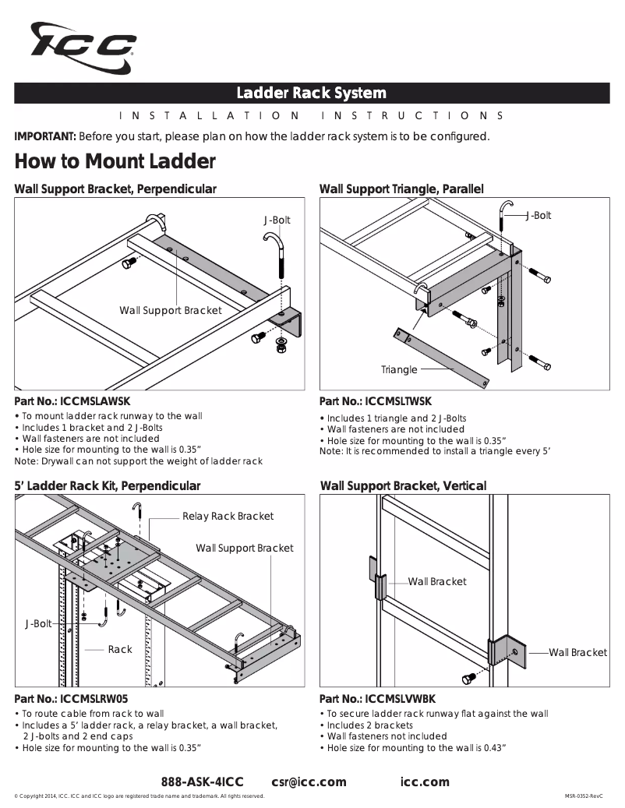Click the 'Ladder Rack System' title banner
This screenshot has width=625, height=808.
point(312,94)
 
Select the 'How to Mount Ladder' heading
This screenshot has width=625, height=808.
point(115,162)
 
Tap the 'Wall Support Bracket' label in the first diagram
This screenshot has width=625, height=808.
point(170,310)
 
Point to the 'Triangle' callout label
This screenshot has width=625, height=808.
point(399,369)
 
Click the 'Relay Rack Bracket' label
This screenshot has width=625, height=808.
point(228,516)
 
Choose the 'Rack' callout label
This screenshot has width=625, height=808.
point(120,649)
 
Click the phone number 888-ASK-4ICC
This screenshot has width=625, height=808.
point(202,782)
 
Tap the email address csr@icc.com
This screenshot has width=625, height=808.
point(309,782)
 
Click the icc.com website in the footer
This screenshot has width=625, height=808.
point(425,782)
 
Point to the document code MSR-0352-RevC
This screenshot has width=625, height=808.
point(584,796)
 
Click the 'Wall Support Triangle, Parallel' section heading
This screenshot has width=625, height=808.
point(401,189)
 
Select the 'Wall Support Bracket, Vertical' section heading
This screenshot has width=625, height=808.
point(403,485)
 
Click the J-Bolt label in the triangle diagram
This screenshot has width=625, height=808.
point(538,215)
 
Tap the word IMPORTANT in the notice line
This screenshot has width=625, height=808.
point(45,136)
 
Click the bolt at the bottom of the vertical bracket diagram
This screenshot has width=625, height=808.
point(468,679)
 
